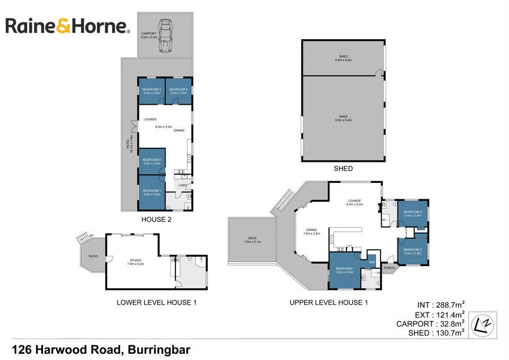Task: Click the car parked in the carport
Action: click(165, 36)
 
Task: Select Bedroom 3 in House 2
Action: click(152, 91)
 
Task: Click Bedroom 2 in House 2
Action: click(178, 91)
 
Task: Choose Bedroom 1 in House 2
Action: click(152, 192)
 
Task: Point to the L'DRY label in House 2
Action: click(182, 186)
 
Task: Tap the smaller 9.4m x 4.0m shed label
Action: click(343, 58)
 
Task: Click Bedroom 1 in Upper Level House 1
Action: click(345, 271)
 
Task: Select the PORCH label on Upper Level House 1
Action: click(389, 268)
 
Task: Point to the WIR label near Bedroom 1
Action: click(372, 262)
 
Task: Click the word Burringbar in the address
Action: click(160, 349)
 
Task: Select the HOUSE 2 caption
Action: click(156, 219)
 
